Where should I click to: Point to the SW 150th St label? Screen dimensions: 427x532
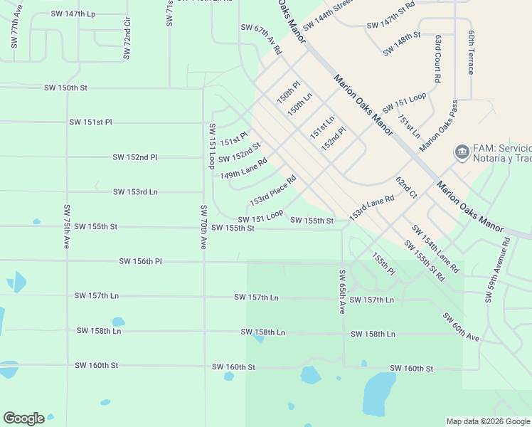tap(65, 88)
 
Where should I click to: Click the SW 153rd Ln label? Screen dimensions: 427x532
tap(135, 192)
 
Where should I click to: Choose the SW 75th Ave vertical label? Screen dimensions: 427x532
tap(66, 226)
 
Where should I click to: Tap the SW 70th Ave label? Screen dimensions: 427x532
tap(203, 227)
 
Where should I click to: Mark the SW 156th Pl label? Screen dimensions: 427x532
tap(140, 262)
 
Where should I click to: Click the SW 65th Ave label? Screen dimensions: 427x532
tap(342, 292)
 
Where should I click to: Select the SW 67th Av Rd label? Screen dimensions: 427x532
tap(261, 40)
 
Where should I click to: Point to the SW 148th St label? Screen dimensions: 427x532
tap(402, 43)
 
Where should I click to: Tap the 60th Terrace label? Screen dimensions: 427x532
tap(470, 53)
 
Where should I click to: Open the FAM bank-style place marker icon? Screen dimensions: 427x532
tap(461, 152)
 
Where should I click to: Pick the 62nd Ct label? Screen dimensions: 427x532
tap(406, 189)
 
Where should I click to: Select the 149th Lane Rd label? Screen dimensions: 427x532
tap(243, 169)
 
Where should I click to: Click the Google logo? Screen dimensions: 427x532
tap(23, 418)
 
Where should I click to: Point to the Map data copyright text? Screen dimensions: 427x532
tap(488, 421)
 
